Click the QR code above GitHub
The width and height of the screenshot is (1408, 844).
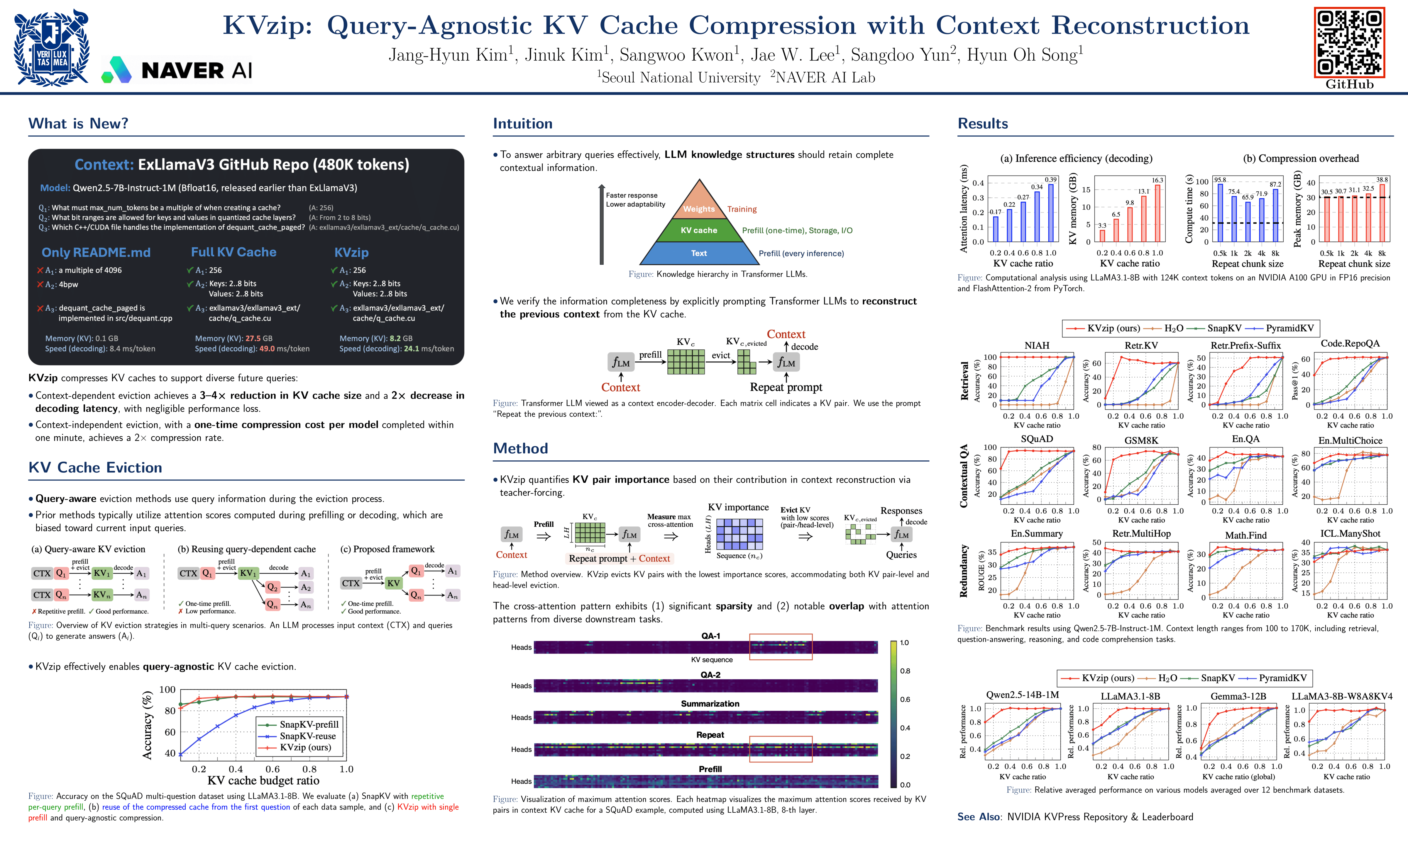pyautogui.click(x=1349, y=43)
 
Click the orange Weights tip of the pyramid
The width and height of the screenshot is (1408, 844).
pyautogui.click(x=699, y=205)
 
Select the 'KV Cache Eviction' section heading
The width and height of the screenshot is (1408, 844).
pyautogui.click(x=95, y=467)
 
